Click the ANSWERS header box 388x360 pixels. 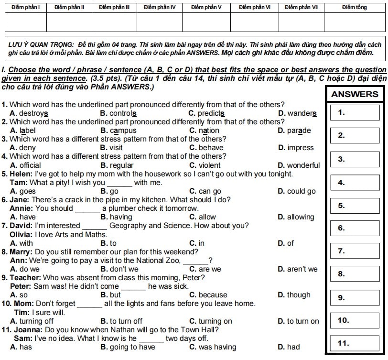coord(355,94)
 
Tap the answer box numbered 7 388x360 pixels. coord(355,251)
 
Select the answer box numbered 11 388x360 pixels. coord(355,343)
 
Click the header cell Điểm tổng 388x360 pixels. coord(355,8)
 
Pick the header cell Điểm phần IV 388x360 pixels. coord(160,8)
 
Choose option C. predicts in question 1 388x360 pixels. coord(207,113)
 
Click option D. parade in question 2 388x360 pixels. coord(294,131)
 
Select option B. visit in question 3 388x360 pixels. coord(111,148)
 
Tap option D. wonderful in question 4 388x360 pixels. coord(299,165)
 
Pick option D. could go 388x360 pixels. coord(296,191)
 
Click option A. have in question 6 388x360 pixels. coord(22,217)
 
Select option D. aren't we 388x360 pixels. coord(297,269)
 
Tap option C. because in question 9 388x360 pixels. coord(208,295)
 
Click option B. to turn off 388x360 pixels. coord(121,321)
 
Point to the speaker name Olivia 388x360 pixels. coord(21,234)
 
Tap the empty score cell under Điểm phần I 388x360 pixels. coord(25,22)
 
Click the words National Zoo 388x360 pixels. coord(160,261)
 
